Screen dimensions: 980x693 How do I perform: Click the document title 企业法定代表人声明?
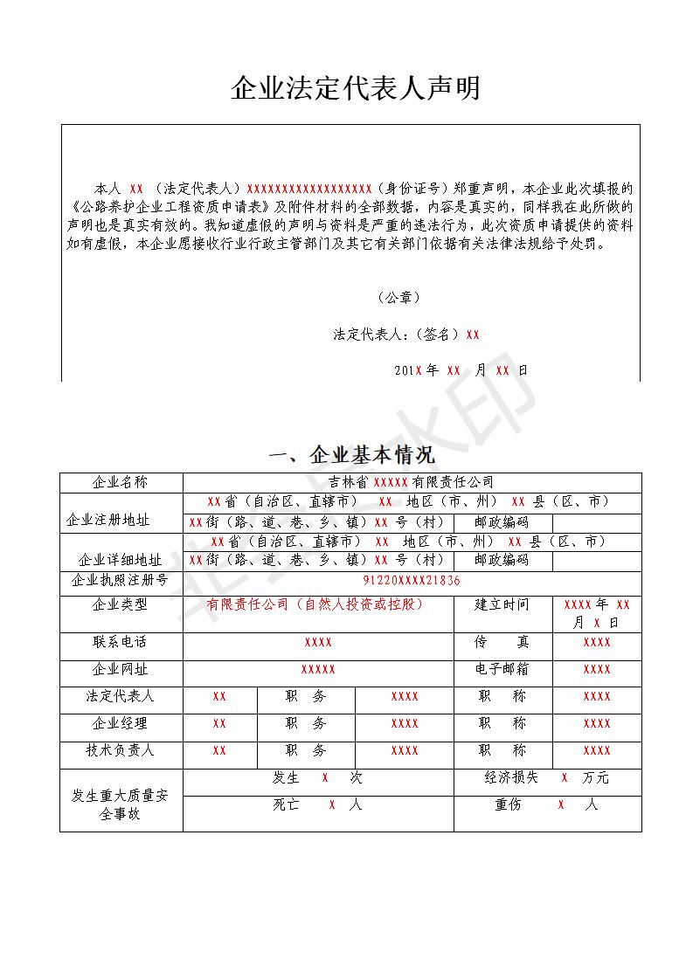(355, 88)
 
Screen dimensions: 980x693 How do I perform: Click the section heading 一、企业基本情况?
(352, 455)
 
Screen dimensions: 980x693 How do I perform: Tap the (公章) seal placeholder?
(399, 298)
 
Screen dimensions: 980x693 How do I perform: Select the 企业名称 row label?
(121, 482)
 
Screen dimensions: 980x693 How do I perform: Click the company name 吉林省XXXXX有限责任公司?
(411, 482)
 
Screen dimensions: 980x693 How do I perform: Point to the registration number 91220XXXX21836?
(412, 581)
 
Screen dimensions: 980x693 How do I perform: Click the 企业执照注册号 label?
(121, 581)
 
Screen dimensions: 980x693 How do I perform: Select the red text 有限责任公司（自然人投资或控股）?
(315, 604)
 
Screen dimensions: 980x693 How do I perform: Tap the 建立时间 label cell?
(502, 604)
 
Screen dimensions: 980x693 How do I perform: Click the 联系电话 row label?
(121, 642)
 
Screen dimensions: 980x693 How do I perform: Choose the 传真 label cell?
(502, 642)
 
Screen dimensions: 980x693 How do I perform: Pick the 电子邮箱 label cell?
(502, 669)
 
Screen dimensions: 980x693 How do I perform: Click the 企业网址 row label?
(121, 669)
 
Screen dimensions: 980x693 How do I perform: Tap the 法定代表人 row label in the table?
(121, 696)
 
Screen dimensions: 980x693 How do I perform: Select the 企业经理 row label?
(121, 723)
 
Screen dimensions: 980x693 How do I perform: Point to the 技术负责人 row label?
(121, 750)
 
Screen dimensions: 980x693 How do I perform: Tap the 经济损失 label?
(512, 777)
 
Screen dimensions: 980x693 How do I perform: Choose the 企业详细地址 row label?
(121, 560)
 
